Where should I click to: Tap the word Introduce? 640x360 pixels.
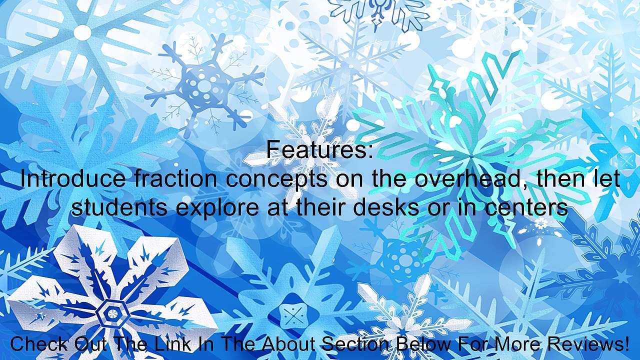pos(73,179)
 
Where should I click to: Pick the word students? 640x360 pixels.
pos(119,207)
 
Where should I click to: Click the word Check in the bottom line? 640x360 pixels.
pos(39,344)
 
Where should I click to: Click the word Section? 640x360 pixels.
pos(357,344)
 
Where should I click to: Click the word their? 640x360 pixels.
pos(323,207)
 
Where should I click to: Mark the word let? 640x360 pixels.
pos(607,179)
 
